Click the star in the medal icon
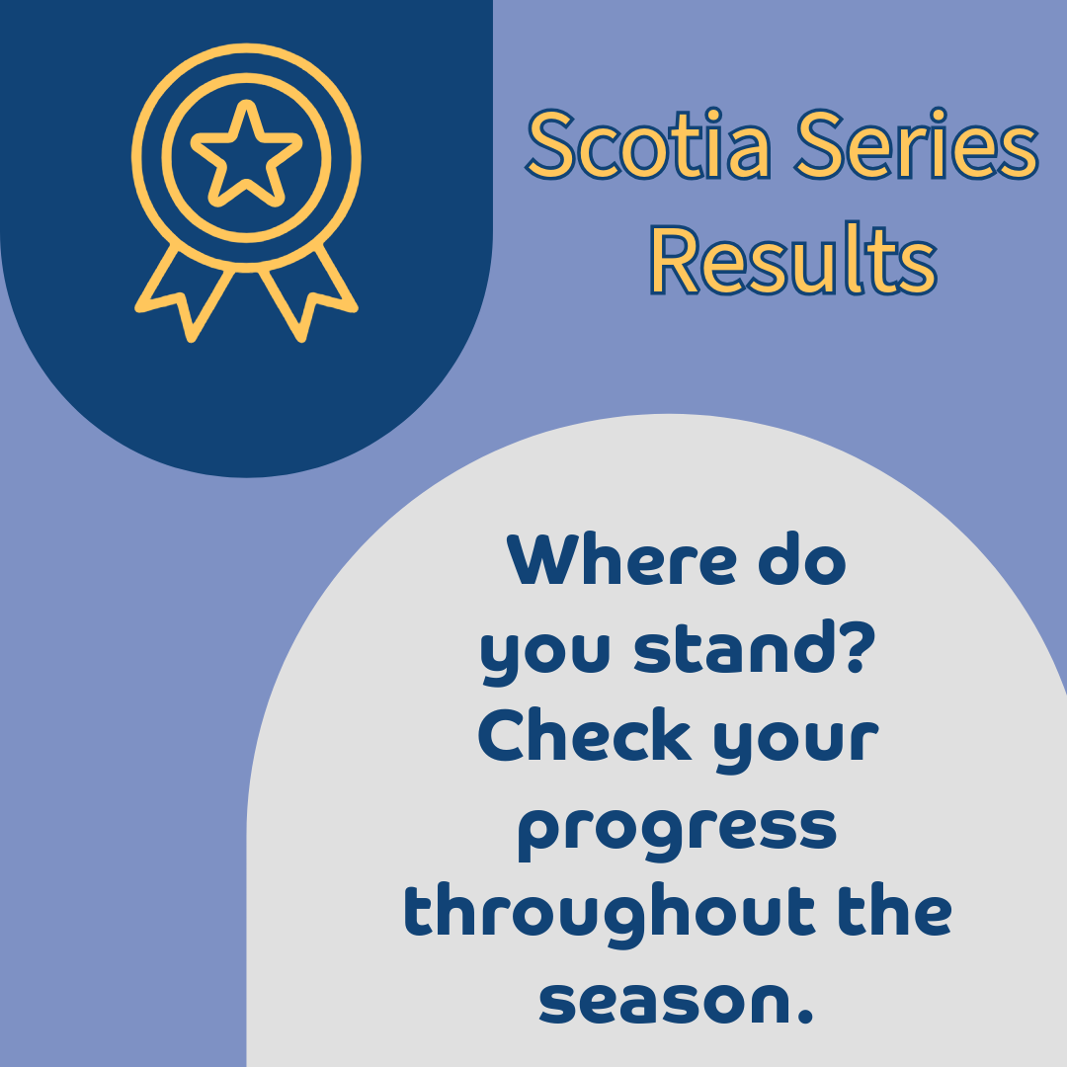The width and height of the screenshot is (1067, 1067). [x=246, y=154]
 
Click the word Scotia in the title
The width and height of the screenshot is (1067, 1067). [x=648, y=145]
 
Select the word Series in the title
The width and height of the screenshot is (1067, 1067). [x=917, y=145]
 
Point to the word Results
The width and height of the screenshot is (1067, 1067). [x=793, y=259]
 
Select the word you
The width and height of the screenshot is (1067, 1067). [x=545, y=653]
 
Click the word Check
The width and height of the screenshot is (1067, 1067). [x=585, y=734]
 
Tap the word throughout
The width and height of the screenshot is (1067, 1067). [x=609, y=915]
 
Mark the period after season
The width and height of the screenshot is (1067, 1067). [x=804, y=1014]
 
